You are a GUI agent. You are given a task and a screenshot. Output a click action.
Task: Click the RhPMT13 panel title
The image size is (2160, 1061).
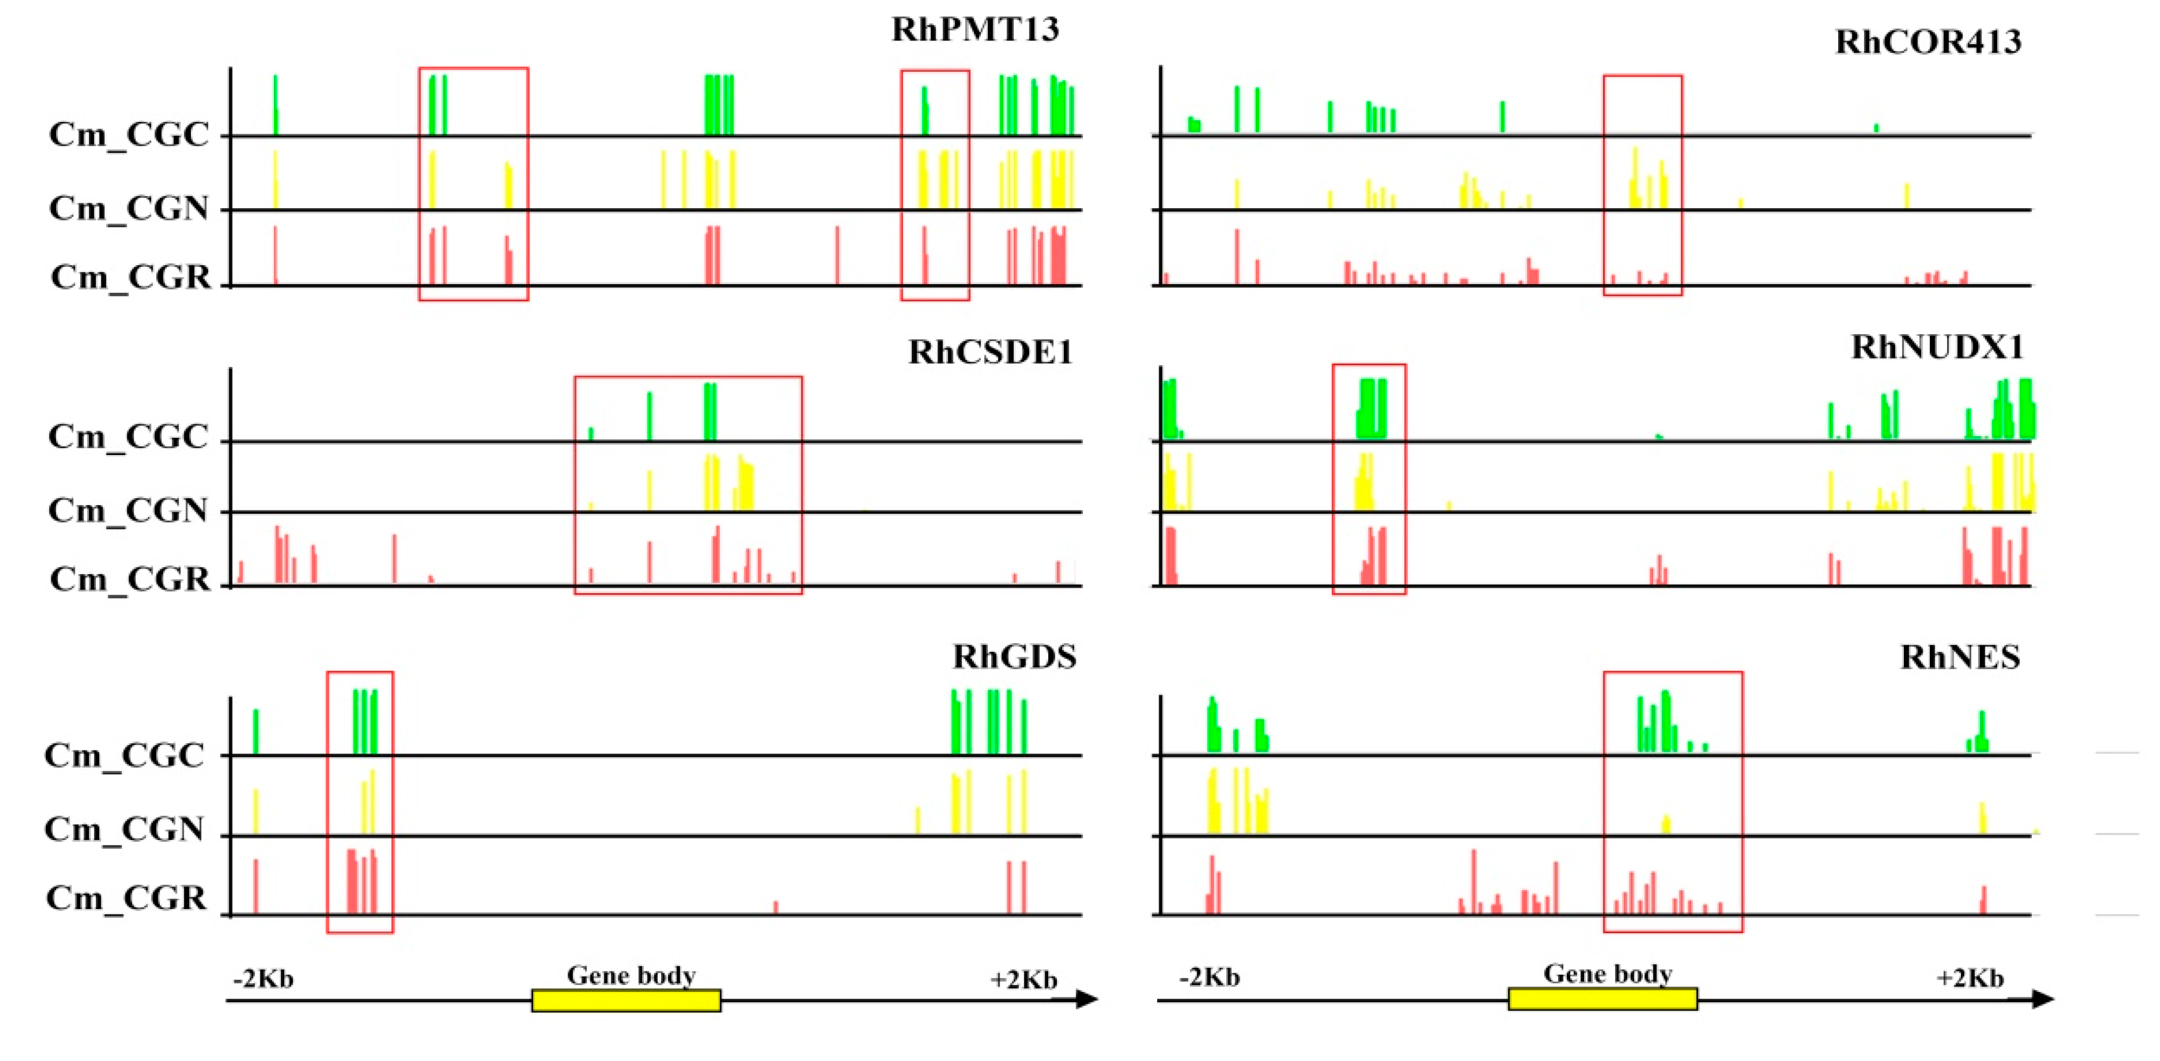click(974, 29)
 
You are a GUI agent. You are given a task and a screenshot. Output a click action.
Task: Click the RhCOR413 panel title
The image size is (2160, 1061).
click(1928, 42)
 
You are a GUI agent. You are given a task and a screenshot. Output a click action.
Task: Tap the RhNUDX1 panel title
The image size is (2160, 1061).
click(1937, 347)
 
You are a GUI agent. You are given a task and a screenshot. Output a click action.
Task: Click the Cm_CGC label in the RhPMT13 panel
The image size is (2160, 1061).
click(128, 135)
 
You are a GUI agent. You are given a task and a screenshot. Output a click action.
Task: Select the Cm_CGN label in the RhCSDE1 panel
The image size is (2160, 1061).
click(127, 510)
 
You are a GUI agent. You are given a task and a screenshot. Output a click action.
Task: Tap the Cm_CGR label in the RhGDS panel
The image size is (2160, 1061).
click(126, 898)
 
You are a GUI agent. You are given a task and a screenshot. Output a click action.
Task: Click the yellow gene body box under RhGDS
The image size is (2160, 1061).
click(625, 1001)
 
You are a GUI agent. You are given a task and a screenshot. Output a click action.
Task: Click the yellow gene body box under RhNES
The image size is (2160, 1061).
click(1602, 999)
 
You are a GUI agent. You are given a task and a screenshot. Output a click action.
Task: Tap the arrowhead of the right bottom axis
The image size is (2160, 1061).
click(2044, 999)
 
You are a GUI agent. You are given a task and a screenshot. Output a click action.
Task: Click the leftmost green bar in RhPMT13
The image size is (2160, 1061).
click(275, 105)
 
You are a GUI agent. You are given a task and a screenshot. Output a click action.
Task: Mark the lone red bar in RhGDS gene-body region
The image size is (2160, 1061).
click(775, 907)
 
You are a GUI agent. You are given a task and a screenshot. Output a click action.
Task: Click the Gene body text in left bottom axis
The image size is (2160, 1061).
click(630, 975)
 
